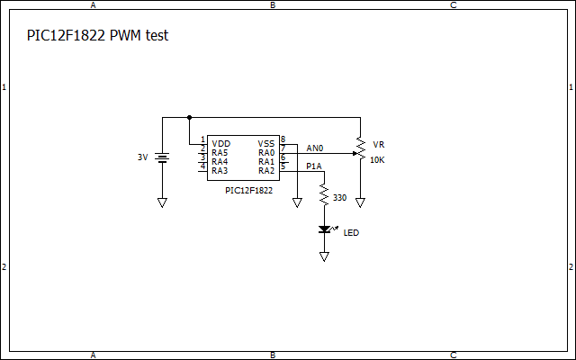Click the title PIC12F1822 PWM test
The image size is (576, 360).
click(98, 36)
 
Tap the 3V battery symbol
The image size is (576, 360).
click(163, 157)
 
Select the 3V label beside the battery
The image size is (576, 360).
click(142, 157)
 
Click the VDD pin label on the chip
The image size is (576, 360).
click(220, 144)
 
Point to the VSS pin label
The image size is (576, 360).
click(266, 144)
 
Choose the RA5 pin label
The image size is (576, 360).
click(220, 153)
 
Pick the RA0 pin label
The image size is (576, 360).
click(266, 153)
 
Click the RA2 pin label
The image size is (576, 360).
click(266, 171)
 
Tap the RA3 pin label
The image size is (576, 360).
click(220, 171)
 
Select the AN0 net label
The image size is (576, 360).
click(314, 148)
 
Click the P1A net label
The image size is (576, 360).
click(313, 166)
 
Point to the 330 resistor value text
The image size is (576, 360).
click(339, 197)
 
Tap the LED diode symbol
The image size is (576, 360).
click(324, 230)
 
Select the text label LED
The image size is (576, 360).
click(351, 233)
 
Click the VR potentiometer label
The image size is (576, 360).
click(378, 144)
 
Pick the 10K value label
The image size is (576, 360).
click(377, 159)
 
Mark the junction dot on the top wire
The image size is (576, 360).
click(189, 117)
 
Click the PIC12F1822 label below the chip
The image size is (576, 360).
click(249, 191)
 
